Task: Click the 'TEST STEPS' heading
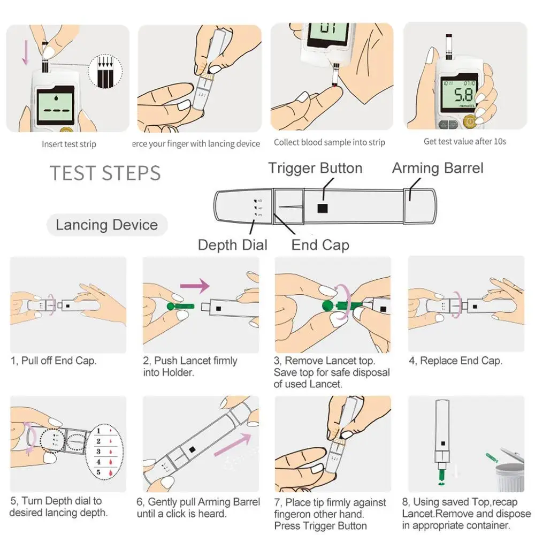tap(105, 173)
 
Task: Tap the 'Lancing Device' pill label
tap(107, 225)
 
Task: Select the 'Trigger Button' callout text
tap(315, 168)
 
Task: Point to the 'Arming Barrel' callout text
tap(438, 168)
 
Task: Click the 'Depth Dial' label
tap(233, 245)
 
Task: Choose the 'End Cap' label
tap(320, 245)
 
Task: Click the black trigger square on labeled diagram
tap(323, 208)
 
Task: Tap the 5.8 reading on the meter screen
tap(463, 95)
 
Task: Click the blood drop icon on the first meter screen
tap(56, 98)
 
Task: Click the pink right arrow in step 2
tap(195, 286)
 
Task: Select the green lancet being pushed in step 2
tap(180, 306)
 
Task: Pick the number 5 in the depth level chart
tap(98, 472)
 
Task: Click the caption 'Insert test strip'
tap(69, 144)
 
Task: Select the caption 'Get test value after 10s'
tap(465, 141)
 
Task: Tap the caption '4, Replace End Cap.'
tap(455, 361)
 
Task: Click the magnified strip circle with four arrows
tap(105, 71)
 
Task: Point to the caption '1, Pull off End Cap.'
tap(53, 361)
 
